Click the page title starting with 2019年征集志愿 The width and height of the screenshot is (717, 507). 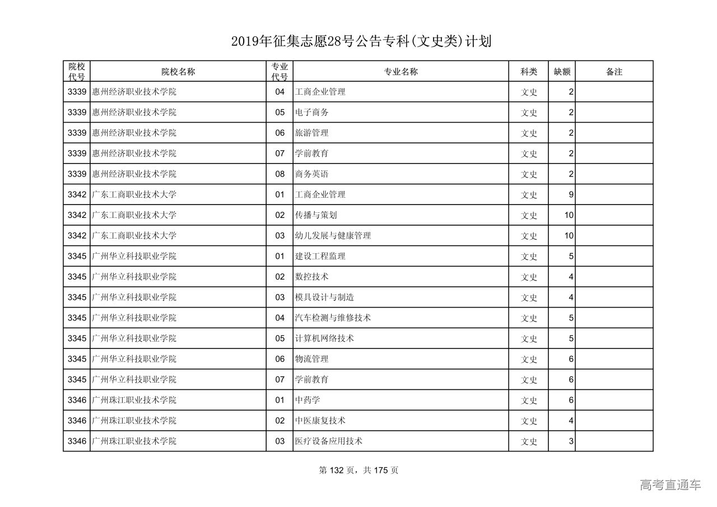[361, 41]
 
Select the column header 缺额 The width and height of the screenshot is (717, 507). [562, 72]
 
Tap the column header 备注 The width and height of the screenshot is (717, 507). [614, 72]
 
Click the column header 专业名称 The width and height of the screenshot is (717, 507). [401, 72]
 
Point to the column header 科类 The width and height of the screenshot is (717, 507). [529, 72]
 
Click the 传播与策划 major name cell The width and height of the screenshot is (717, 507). [316, 215]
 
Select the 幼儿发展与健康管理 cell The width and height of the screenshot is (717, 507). [333, 236]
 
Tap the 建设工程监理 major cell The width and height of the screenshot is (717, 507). [320, 256]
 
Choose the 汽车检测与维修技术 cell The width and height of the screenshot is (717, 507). [333, 318]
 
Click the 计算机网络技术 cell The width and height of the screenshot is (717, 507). [324, 338]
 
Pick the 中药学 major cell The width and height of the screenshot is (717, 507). [308, 400]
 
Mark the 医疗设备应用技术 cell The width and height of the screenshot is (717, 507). [329, 441]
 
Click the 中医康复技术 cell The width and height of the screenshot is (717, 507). [320, 421]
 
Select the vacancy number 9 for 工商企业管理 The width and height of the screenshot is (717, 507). [571, 195]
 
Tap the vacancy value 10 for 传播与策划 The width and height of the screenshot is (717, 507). [569, 215]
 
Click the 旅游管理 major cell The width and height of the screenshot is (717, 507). [311, 133]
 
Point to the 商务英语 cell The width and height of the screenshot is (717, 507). [311, 174]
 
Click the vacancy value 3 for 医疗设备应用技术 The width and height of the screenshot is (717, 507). [571, 441]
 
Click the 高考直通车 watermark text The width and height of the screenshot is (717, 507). [670, 485]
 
